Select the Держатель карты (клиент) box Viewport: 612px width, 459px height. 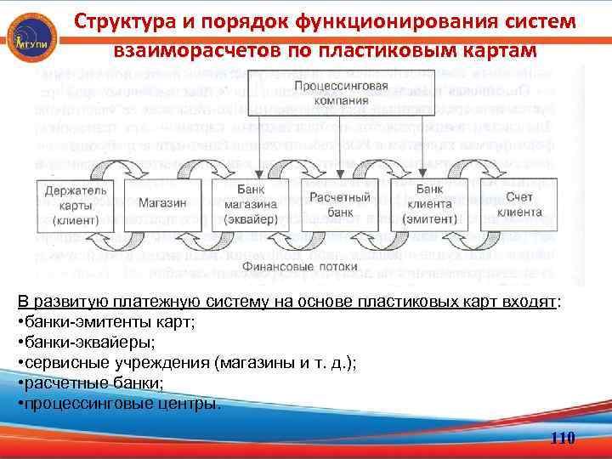tap(75, 205)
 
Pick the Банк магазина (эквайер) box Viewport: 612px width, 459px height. tap(251, 205)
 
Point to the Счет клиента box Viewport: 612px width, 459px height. tap(520, 205)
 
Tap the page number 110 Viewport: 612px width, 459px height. tap(563, 439)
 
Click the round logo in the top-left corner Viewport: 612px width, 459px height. tap(32, 36)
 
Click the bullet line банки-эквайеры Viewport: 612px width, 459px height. tap(88, 343)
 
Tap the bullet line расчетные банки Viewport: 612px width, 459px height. tap(88, 383)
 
